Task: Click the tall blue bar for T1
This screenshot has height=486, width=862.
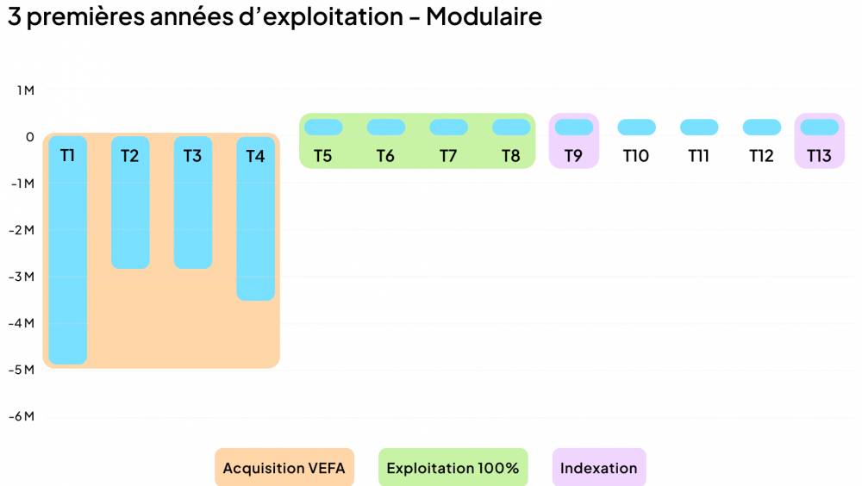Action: tap(67, 259)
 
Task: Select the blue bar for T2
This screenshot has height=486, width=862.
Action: tap(130, 215)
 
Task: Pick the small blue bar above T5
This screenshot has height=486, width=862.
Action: tap(323, 128)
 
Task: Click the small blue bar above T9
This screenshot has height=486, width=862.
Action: tap(574, 128)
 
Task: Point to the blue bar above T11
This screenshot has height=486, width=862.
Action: tap(699, 128)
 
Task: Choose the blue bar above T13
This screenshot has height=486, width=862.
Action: tap(820, 128)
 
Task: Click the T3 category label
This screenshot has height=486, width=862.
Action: tap(192, 156)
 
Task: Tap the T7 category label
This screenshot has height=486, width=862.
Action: tap(448, 156)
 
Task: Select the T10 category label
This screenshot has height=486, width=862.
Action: tap(636, 156)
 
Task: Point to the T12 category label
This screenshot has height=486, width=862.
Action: tap(761, 156)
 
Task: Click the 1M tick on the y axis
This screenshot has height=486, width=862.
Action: tap(25, 90)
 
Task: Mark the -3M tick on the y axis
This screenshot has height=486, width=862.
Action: tap(22, 277)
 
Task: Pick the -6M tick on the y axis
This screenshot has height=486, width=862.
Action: tap(22, 416)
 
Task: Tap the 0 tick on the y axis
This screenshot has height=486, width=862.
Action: tap(29, 137)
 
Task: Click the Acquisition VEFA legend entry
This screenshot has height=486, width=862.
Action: tap(284, 469)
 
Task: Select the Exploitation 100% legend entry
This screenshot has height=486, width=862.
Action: tap(453, 469)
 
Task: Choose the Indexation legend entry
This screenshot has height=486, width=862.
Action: tap(599, 469)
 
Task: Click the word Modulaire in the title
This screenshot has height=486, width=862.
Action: tap(484, 16)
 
